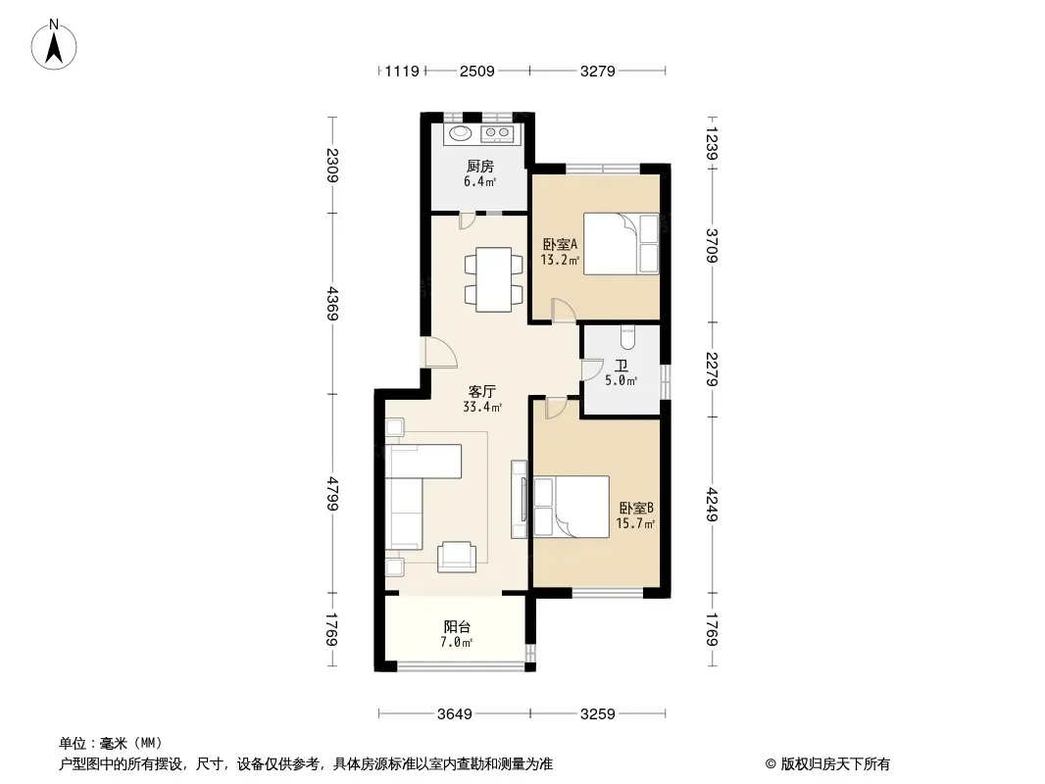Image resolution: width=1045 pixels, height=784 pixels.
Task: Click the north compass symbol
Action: click(56, 45)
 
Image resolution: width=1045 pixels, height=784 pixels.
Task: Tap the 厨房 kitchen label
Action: click(479, 166)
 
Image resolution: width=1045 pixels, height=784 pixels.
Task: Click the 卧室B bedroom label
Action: click(635, 508)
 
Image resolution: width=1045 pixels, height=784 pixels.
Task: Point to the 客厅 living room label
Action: click(481, 390)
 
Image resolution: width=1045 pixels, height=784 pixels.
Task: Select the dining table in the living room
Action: click(492, 279)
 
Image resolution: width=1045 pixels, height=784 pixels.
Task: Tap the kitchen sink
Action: click(459, 133)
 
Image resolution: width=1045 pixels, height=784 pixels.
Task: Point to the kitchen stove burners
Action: click(498, 133)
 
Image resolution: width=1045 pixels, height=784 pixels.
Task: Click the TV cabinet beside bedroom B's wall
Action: click(518, 498)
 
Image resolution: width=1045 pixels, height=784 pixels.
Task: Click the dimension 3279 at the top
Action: click(597, 71)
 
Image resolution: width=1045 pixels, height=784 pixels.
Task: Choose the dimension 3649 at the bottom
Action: click(455, 713)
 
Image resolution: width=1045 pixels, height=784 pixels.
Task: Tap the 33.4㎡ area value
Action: click(482, 407)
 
